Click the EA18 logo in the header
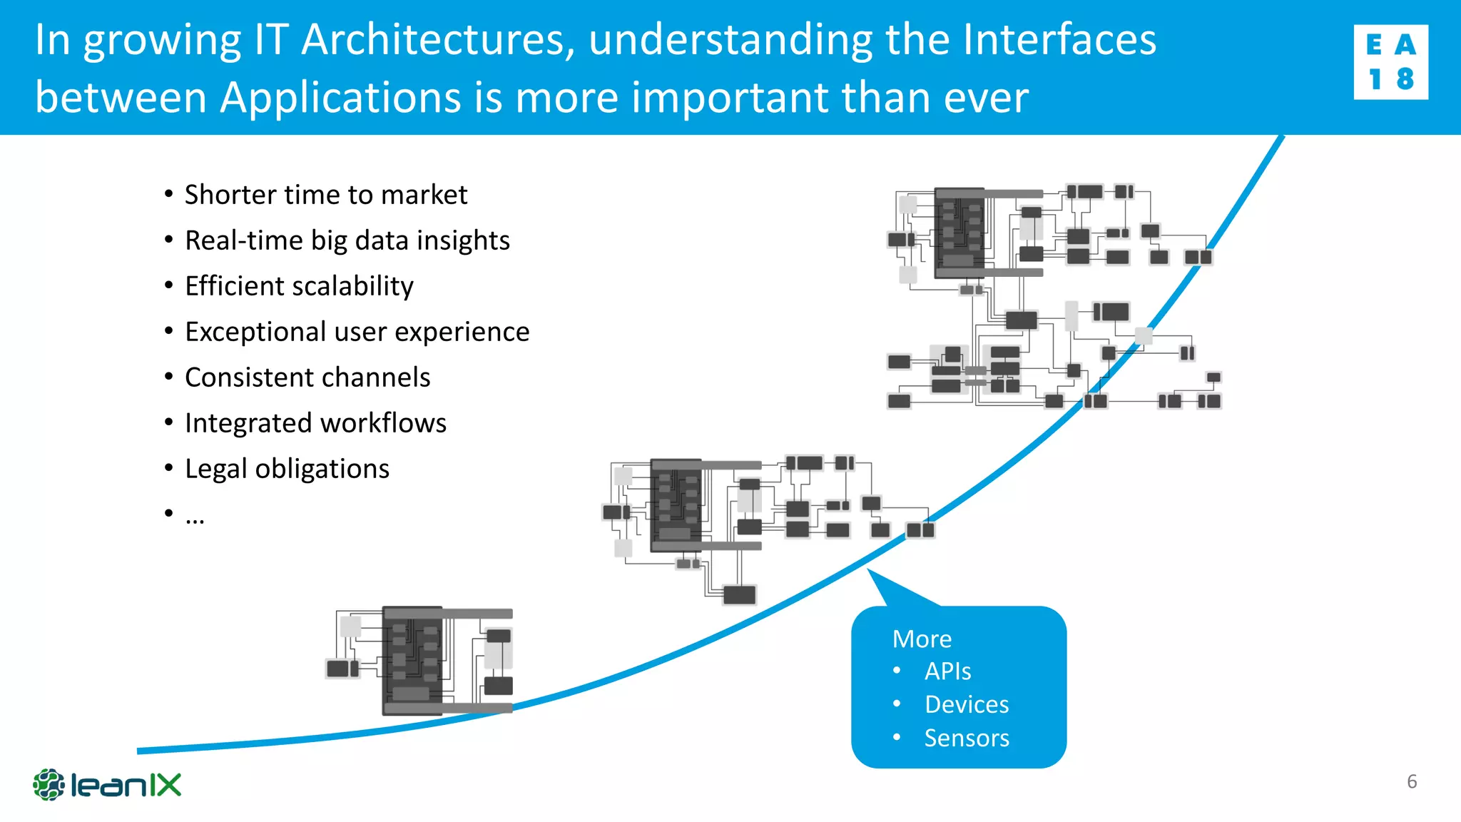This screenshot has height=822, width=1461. point(1390,62)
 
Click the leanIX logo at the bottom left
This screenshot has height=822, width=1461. point(107,785)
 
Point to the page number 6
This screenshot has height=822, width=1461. point(1411,781)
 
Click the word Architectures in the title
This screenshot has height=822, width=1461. point(437,40)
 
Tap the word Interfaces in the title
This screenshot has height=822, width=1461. point(1059,40)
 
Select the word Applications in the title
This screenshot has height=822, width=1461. point(340,98)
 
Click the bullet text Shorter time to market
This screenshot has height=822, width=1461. point(325,195)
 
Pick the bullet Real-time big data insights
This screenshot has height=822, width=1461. point(347,240)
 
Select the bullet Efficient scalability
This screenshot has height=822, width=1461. point(299,286)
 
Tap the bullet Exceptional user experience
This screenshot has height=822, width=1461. point(357,332)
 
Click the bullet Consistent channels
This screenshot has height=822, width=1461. point(307,377)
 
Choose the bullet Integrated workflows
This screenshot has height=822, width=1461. point(315,423)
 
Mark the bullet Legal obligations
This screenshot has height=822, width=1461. point(287,469)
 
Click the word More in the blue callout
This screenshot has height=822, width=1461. point(922,639)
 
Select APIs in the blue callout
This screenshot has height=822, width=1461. point(947,671)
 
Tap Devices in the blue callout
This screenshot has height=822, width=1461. point(967,704)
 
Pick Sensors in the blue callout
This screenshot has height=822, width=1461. point(967,738)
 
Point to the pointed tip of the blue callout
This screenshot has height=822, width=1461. point(870,571)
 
